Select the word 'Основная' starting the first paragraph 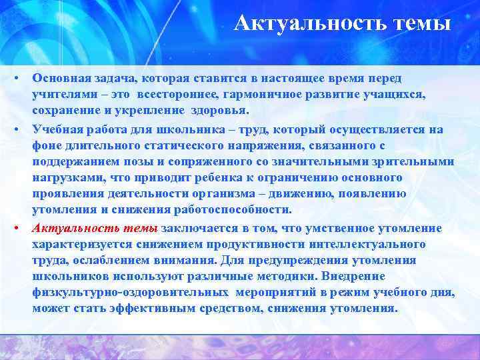[60, 78]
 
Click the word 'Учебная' [57, 130]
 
